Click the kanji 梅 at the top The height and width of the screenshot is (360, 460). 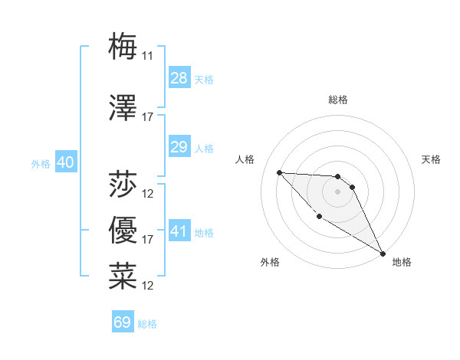(x=123, y=45)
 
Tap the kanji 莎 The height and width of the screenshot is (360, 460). (x=123, y=184)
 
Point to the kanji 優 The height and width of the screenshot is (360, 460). (x=123, y=230)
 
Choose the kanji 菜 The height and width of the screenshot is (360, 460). (x=123, y=276)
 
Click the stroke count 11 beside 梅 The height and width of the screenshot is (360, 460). (x=148, y=55)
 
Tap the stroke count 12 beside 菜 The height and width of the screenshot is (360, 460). (x=148, y=286)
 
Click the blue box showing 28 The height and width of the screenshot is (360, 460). (x=179, y=78)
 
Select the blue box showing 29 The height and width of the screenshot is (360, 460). (x=179, y=147)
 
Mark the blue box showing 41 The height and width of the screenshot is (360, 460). (x=179, y=231)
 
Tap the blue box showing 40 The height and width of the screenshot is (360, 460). (x=65, y=162)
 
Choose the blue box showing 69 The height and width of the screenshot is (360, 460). (x=123, y=322)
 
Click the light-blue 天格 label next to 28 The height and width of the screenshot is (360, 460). (x=204, y=79)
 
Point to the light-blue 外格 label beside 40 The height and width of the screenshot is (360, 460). (x=40, y=163)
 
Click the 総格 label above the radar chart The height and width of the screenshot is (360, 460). (x=338, y=100)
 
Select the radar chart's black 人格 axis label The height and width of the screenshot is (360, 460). (x=245, y=159)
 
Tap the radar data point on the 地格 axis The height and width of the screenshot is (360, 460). (x=384, y=254)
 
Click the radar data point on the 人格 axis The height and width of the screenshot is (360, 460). (x=279, y=172)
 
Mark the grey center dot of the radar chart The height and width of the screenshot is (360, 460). (x=337, y=191)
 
